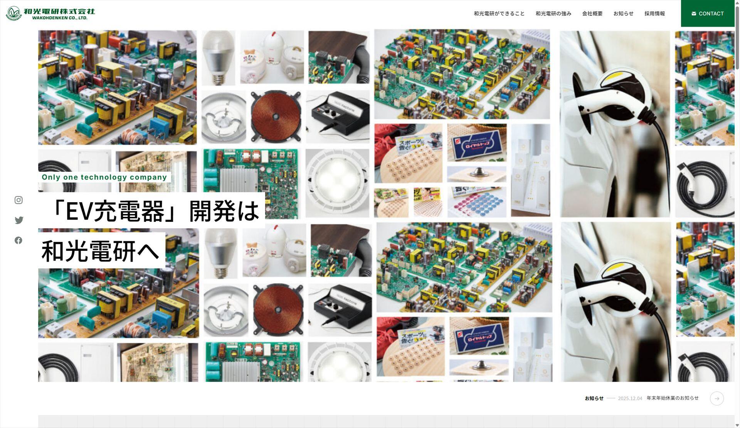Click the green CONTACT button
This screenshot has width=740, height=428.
pyautogui.click(x=708, y=14)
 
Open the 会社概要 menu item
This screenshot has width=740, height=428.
pyautogui.click(x=592, y=14)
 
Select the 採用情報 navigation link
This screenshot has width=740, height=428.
pyautogui.click(x=654, y=14)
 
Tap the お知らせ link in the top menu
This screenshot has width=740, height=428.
pyautogui.click(x=623, y=14)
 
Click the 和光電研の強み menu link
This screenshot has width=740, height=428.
pyautogui.click(x=553, y=14)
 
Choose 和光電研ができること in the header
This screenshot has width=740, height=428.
pyautogui.click(x=499, y=14)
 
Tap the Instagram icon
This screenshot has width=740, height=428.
pyautogui.click(x=18, y=200)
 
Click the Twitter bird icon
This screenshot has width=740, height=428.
pyautogui.click(x=18, y=220)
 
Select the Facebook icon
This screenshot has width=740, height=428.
pyautogui.click(x=18, y=240)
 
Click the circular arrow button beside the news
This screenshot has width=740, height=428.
pyautogui.click(x=716, y=398)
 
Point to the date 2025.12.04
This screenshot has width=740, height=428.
pyautogui.click(x=630, y=398)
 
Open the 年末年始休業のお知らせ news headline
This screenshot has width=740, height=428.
pyautogui.click(x=672, y=398)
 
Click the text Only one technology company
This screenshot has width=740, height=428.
pyautogui.click(x=104, y=177)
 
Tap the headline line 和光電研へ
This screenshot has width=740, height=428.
pyautogui.click(x=100, y=251)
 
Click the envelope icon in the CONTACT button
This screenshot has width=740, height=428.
pyautogui.click(x=694, y=14)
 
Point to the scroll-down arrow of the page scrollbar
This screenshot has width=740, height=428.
pyautogui.click(x=737, y=425)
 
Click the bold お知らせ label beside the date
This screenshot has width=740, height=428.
pyautogui.click(x=594, y=398)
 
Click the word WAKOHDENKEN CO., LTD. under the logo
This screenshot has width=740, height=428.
pyautogui.click(x=60, y=18)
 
